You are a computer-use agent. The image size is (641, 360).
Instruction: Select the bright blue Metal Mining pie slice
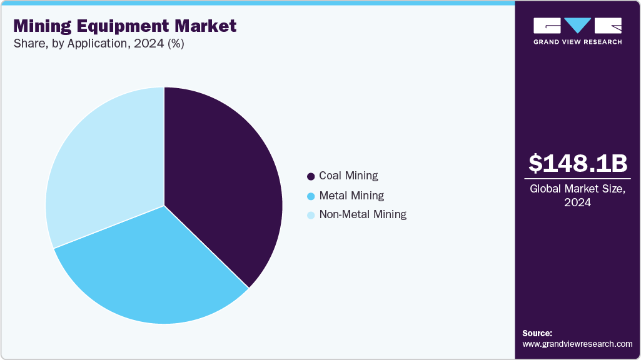156,269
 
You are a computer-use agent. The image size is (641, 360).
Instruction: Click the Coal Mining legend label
348,176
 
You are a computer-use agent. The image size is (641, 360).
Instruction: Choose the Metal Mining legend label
351,196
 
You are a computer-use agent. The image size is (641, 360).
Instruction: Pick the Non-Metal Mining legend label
363,214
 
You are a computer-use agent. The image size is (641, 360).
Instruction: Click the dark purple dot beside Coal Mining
311,177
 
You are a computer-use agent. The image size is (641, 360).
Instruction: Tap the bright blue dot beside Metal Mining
311,196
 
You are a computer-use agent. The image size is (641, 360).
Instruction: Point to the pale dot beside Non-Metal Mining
311,216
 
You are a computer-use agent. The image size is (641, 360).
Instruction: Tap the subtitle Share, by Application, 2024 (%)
98,44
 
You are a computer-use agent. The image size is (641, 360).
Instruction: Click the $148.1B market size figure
577,164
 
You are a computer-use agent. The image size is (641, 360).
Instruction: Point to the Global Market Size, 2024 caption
577,196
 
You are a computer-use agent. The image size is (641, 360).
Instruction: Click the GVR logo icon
577,26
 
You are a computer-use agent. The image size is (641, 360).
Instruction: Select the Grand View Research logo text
577,42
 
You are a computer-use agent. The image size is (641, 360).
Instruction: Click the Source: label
537,333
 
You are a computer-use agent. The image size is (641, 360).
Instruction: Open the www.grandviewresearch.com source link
577,344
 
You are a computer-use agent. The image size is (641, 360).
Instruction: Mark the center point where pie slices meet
164,206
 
